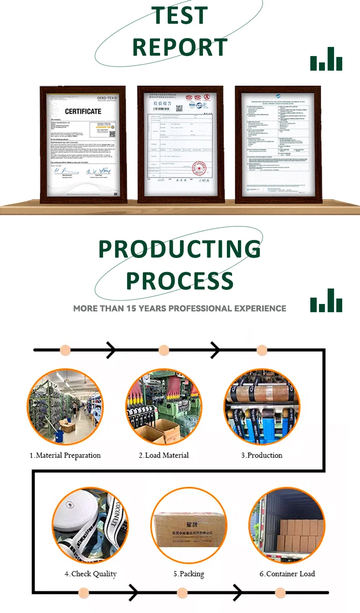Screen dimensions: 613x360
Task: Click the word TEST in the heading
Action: (180, 15)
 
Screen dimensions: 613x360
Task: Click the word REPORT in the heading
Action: (180, 47)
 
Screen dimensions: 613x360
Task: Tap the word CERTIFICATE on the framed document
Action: (83, 111)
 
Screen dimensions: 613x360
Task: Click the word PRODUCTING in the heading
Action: (180, 249)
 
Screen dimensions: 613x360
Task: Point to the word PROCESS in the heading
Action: (180, 281)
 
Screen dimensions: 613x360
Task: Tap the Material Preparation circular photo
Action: (65, 407)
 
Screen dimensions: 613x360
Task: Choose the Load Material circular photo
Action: (164, 407)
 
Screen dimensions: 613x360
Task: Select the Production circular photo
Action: (262, 407)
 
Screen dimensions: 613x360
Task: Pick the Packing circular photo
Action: (188, 525)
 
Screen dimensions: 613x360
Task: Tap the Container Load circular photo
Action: (287, 525)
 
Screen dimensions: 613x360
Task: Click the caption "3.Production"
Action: (262, 455)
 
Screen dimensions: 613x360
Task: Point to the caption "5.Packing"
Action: (189, 574)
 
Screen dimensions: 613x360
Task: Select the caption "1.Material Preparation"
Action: (65, 455)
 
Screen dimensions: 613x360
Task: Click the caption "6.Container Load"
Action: (287, 574)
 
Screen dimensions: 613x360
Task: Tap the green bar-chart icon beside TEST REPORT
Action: (326, 59)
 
